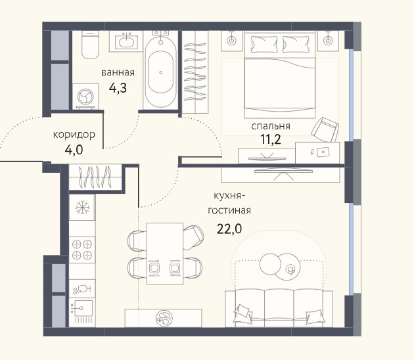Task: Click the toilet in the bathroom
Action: [90, 44]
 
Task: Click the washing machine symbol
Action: [85, 97]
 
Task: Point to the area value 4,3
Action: [118, 88]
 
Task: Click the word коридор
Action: [74, 135]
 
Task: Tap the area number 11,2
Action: [271, 139]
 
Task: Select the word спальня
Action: [271, 126]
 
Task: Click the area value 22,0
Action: [229, 229]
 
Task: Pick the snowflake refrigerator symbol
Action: [82, 207]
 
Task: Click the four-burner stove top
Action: [82, 250]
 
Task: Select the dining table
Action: [165, 254]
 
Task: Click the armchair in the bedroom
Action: [325, 129]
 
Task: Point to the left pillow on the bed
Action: [264, 44]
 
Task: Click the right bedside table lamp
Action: [328, 40]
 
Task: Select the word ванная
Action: [118, 72]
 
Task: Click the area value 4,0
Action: [74, 150]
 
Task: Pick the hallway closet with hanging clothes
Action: [95, 177]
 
